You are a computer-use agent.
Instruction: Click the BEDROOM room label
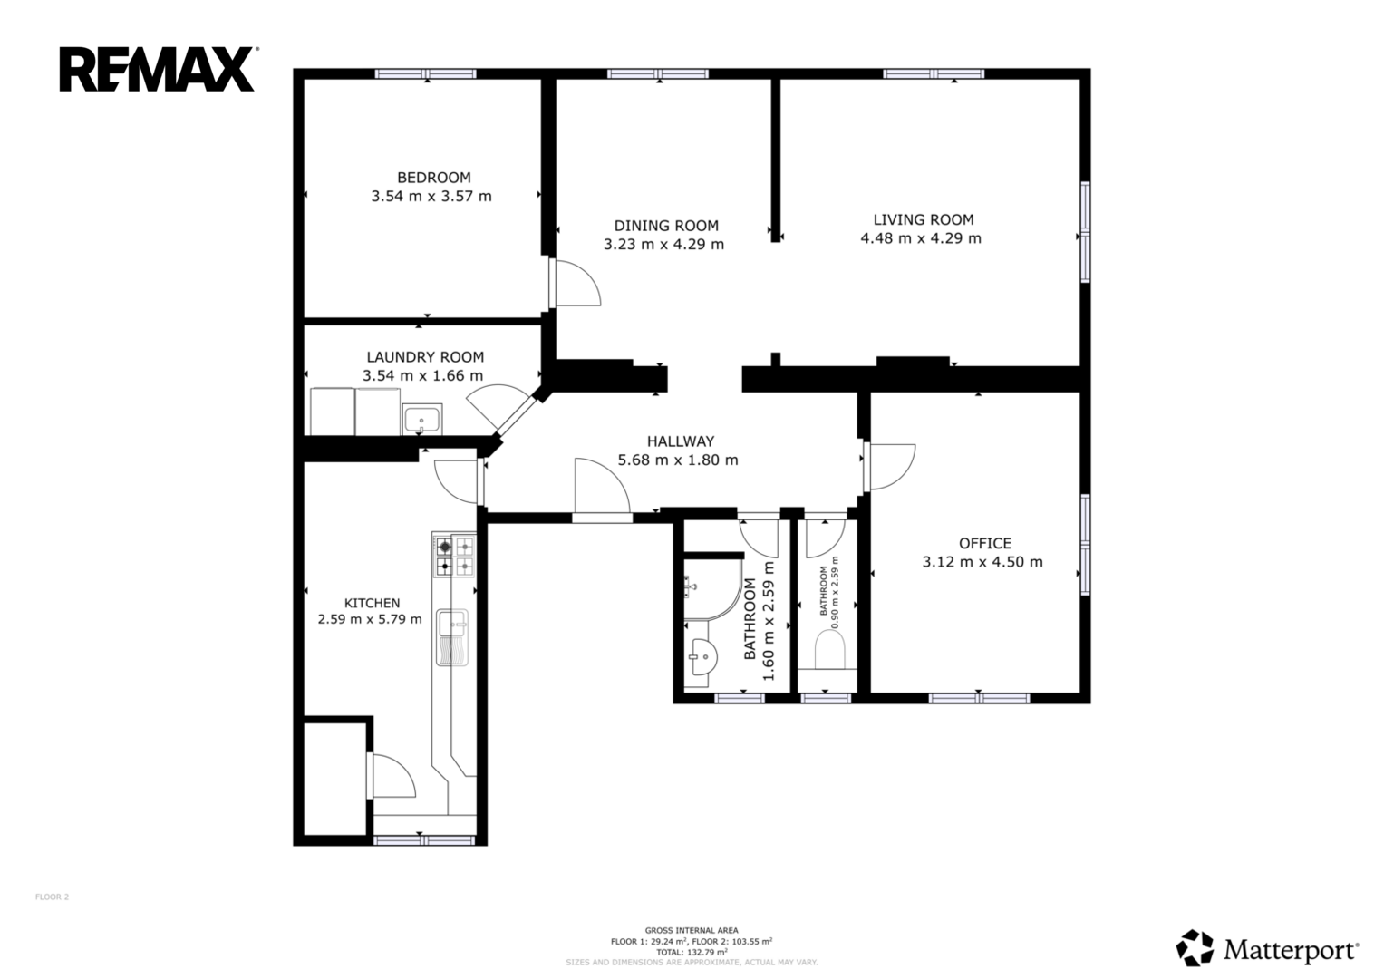coord(434,178)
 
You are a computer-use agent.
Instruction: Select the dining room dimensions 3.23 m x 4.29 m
coord(663,244)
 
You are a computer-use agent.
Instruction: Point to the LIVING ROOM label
coord(923,219)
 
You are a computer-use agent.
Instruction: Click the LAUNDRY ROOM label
coord(425,357)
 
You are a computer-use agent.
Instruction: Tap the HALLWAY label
coord(681,441)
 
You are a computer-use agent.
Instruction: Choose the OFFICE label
coord(985,543)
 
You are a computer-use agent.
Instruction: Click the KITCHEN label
coord(372,603)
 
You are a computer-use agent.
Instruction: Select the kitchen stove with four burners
coord(454,556)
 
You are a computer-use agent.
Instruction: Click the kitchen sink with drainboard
coord(452,637)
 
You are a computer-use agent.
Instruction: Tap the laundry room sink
coord(422,420)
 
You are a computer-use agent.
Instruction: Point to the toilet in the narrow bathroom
coord(829,650)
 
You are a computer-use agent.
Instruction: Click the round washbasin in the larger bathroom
coord(702,656)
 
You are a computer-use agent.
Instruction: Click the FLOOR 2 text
coord(52,897)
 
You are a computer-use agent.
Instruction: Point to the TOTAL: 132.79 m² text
coord(692,953)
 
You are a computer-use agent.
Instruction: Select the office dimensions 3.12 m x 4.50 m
coord(982,562)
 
